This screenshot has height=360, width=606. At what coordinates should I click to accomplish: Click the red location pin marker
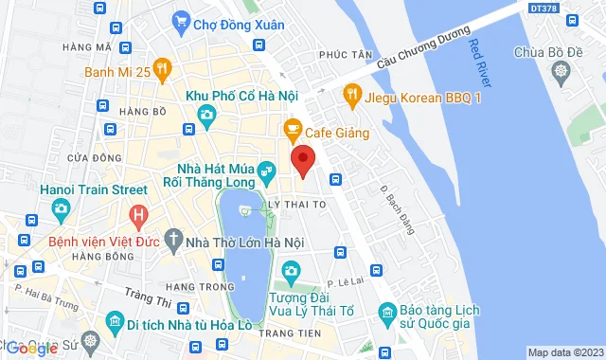(x=302, y=159)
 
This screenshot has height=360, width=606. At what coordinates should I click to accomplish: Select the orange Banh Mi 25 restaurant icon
(x=163, y=68)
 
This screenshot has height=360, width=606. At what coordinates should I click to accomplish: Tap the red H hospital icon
(x=140, y=217)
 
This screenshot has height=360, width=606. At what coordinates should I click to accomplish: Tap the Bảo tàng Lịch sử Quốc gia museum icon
(x=386, y=312)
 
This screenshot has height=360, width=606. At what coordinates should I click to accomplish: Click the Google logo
(x=32, y=348)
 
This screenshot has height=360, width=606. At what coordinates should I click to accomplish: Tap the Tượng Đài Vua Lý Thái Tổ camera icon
(x=292, y=273)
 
